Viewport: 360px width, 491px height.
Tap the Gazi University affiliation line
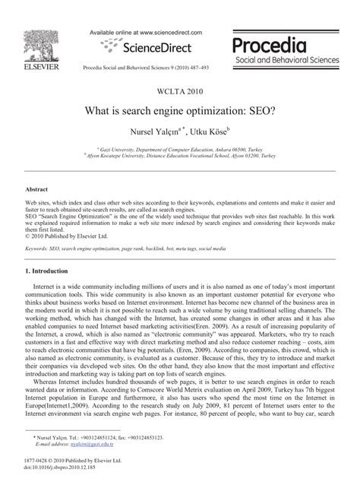pyautogui.click(x=179, y=152)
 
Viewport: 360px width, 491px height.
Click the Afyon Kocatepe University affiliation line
pyautogui.click(x=179, y=159)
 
